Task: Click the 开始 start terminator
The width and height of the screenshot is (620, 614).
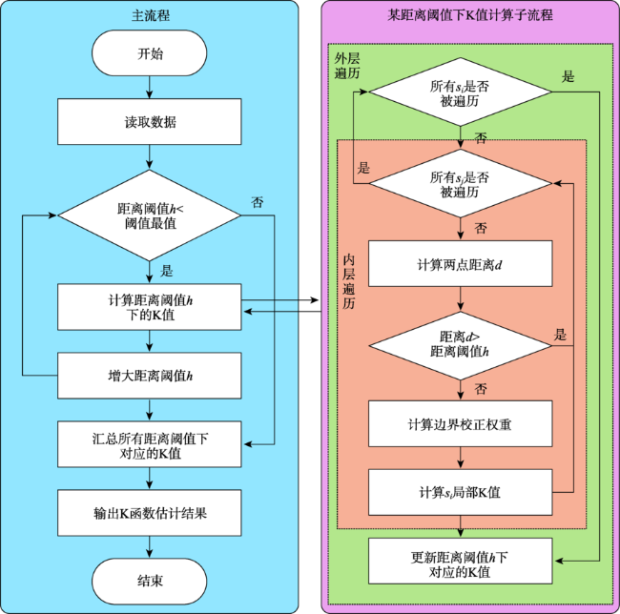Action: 150,53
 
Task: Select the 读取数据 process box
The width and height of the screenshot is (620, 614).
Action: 150,122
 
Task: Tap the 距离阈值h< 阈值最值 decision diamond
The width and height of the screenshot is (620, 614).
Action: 150,215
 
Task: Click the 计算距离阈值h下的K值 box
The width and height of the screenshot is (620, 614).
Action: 150,307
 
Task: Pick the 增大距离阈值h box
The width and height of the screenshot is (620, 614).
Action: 150,376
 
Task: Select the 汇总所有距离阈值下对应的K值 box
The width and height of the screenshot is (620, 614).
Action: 150,444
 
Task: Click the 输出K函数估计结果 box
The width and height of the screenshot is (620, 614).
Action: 150,513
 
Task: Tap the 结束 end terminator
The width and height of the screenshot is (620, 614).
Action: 150,582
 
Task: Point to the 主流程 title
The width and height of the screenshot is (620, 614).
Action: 151,15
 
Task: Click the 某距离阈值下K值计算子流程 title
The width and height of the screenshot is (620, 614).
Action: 470,15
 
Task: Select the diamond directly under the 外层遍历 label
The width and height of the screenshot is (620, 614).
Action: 461,92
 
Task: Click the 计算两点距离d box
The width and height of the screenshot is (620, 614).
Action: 461,263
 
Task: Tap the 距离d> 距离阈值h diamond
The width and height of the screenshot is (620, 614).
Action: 461,346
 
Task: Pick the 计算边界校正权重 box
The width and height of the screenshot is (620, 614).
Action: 461,423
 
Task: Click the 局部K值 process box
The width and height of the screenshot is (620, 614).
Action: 461,492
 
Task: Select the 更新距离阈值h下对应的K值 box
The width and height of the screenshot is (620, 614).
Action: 461,561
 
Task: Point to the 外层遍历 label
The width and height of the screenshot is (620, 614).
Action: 347,66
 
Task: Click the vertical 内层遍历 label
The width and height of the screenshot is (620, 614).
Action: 349,281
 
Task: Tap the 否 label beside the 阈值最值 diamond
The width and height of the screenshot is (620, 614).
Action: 257,203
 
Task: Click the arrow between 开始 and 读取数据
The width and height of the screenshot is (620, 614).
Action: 149,88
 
